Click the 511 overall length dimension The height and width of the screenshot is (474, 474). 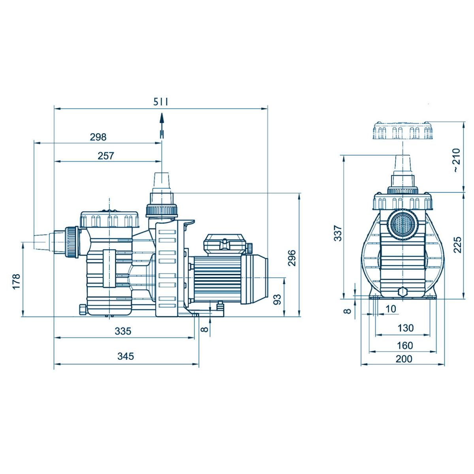pos(161,102)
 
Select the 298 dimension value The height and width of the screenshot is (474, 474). pos(98,137)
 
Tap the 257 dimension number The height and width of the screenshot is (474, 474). pos(105,156)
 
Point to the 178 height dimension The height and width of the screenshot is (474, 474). pos(16,281)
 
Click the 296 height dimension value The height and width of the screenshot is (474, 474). pos(292,258)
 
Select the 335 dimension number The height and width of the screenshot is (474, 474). pos(123,331)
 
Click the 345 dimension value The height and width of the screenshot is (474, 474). pos(126,356)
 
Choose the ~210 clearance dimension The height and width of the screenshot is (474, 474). pos(456,160)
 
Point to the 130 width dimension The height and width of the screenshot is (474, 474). pos(406,328)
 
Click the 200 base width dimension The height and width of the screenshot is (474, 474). pos(404,359)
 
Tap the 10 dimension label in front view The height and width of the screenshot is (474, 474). pos(390,309)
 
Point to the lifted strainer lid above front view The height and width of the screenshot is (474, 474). pos(403,131)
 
